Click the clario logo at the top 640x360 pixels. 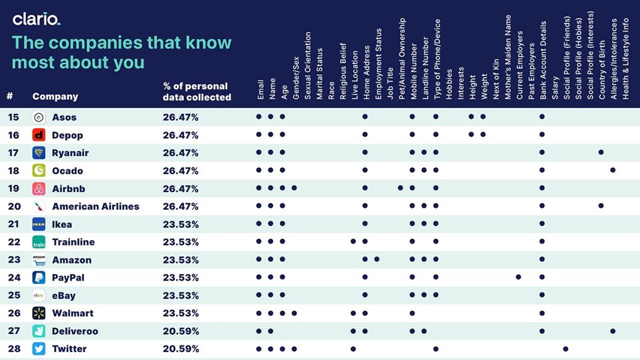(37, 19)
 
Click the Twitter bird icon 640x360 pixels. (39, 349)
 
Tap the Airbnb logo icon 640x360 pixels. (39, 189)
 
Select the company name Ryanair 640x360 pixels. (70, 153)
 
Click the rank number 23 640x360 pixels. (13, 260)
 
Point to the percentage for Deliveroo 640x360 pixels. (180, 331)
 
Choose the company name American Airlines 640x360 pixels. (95, 206)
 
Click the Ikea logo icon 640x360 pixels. (39, 225)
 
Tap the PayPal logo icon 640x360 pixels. (39, 277)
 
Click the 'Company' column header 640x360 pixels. (55, 97)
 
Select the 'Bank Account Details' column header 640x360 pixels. (543, 60)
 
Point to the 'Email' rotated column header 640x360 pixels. (261, 89)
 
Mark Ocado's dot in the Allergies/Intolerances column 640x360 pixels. (613, 170)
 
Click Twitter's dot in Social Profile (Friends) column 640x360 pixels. (566, 349)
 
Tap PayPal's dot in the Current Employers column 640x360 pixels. (519, 277)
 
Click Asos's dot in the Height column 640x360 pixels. (471, 117)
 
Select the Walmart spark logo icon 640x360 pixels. (39, 313)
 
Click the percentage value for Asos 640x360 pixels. (180, 117)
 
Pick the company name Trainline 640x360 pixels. (73, 242)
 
